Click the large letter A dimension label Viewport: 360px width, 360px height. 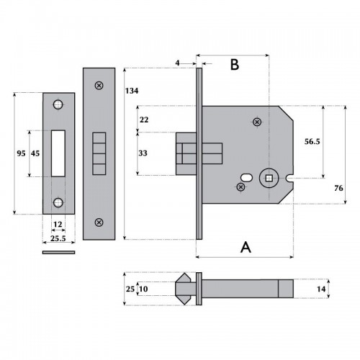click(x=246, y=247)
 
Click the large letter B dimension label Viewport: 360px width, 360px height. click(x=234, y=65)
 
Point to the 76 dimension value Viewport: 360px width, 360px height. click(x=339, y=188)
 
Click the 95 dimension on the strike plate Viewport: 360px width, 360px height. click(x=20, y=154)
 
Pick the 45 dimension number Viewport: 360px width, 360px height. click(x=35, y=154)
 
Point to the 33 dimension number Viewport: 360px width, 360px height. click(x=143, y=153)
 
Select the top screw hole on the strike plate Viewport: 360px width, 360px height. click(x=58, y=105)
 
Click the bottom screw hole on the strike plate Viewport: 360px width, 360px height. click(x=58, y=202)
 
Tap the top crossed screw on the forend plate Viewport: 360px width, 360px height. click(x=99, y=86)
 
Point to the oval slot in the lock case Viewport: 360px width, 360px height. click(x=247, y=176)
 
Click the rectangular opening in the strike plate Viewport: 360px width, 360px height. click(x=58, y=153)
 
